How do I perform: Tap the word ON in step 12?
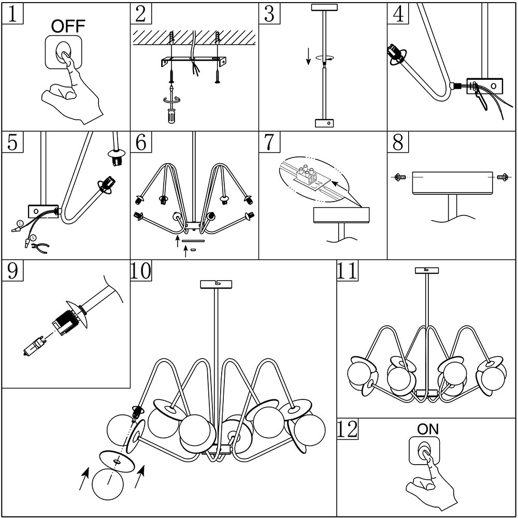pos(427,429)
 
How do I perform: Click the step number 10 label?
pos(141,271)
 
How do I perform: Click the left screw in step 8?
pos(399,177)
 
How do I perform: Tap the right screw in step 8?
pos(501,177)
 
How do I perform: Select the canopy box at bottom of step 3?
pos(324,123)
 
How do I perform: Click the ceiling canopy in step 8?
pos(452,183)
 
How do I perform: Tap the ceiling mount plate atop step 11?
pos(427,270)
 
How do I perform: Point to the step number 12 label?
pos(348,429)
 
